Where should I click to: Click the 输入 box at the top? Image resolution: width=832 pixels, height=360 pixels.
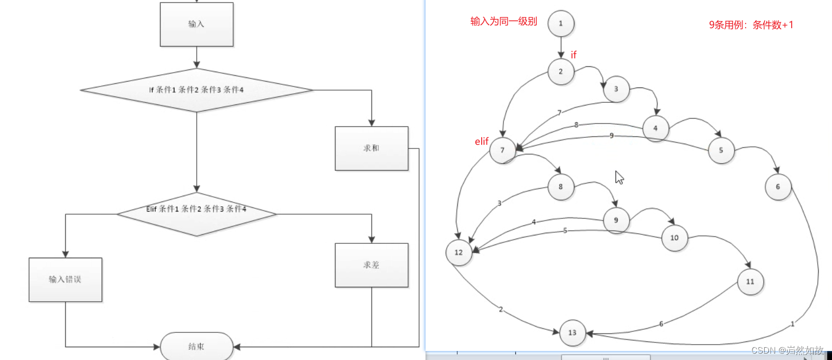point(197,24)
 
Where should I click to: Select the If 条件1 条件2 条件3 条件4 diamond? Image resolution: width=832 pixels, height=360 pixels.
point(197,90)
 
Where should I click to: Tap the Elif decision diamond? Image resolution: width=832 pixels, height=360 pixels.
point(197,214)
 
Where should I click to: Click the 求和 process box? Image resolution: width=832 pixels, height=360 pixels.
point(371,148)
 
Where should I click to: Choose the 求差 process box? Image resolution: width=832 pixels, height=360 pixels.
point(371,265)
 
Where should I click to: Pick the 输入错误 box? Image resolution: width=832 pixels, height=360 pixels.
point(65,279)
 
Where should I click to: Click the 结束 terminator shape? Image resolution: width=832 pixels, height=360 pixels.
point(197,346)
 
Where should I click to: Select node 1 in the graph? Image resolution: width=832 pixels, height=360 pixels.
point(561,23)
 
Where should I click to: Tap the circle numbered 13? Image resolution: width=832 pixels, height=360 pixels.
point(572,332)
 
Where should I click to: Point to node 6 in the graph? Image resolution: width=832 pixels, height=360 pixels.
point(778,187)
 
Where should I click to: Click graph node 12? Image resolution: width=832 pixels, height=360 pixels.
point(459,252)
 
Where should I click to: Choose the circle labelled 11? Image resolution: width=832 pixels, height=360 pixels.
point(750,282)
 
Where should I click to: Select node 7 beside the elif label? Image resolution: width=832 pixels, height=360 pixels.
point(502,150)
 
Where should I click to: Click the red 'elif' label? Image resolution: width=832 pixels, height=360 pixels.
point(482,142)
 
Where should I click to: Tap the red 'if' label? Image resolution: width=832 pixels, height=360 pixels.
point(573,55)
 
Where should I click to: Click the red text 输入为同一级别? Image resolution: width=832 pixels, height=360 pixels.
point(503,22)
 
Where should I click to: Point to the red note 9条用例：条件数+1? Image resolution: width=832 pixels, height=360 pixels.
point(751,25)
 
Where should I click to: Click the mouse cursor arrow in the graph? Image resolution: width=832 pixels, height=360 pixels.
point(619,177)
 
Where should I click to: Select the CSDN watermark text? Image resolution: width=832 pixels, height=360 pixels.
point(787,350)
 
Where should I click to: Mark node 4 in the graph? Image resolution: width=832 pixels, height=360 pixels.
point(656,128)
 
